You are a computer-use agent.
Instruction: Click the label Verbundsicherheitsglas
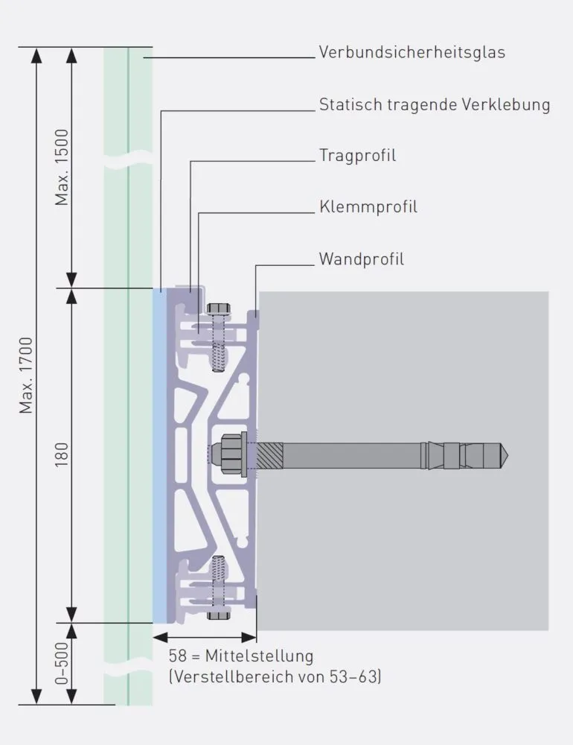(412, 52)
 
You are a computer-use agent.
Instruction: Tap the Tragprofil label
(357, 156)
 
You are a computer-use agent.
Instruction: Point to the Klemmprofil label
(368, 206)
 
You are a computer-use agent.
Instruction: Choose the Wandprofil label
(361, 259)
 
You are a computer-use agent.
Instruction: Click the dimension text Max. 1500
(62, 167)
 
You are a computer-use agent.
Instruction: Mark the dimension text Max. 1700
(25, 375)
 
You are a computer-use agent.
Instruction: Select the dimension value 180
(62, 454)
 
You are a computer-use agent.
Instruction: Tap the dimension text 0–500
(62, 663)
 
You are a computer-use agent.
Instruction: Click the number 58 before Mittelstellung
(177, 656)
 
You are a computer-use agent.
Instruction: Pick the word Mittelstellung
(259, 656)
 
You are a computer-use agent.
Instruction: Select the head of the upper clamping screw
(219, 308)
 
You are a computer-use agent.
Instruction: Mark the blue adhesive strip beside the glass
(159, 456)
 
